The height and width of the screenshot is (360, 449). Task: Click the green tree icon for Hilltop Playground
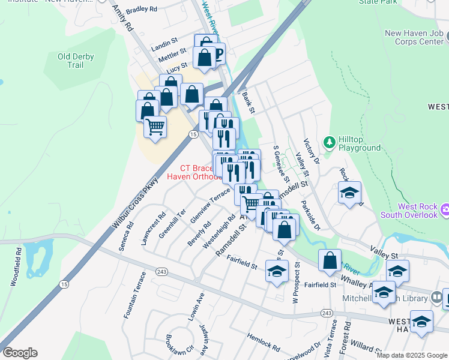pos(329,142)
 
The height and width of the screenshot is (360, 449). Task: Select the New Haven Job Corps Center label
pos(414,38)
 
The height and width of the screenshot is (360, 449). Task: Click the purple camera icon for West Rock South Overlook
pos(444,210)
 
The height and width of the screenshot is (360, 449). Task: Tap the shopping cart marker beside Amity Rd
pos(155,127)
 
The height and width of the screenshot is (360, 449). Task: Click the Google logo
pos(20,353)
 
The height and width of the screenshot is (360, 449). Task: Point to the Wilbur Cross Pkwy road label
pos(136,203)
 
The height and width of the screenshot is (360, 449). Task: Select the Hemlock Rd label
pos(263,343)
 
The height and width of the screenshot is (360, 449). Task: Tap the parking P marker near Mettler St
pos(217,55)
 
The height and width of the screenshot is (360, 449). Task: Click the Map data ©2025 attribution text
pos(412,355)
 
